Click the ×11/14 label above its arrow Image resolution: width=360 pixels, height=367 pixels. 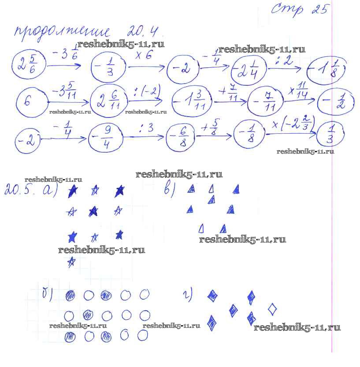coord(301,90)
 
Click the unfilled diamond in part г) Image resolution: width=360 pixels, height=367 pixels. coord(272,309)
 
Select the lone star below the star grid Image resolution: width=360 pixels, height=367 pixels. coord(71,262)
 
